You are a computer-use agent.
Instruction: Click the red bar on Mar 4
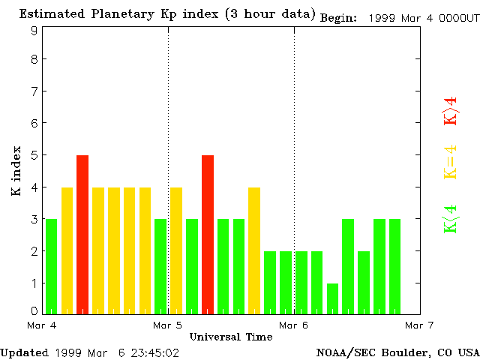82,234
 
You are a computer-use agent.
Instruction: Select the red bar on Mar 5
208,234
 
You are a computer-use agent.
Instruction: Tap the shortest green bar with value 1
333,298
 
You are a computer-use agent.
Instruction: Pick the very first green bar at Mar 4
51,266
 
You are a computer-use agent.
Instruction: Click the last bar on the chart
395,266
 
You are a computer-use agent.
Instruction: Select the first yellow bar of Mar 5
176,250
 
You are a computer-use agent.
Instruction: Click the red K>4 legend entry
451,112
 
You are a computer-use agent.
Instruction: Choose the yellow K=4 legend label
451,162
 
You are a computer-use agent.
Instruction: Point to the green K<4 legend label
451,219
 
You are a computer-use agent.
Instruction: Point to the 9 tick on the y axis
34,31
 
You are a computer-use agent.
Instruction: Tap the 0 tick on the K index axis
34,310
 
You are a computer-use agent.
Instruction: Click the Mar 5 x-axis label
168,325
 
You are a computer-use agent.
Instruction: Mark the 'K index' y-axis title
16,171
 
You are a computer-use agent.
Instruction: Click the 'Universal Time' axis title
231,337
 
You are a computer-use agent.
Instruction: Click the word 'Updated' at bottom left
25,352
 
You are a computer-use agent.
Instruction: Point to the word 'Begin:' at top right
339,18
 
